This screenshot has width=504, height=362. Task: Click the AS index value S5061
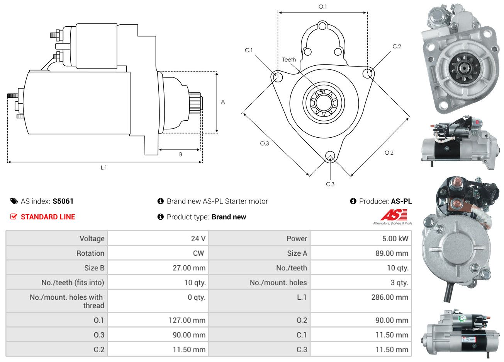[63, 201]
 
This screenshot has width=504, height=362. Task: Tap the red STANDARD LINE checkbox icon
[14, 217]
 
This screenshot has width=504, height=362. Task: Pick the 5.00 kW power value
[395, 239]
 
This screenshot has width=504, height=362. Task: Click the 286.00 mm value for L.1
[390, 297]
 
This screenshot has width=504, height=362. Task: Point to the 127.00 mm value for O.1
[187, 320]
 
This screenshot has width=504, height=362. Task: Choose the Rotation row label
[90, 253]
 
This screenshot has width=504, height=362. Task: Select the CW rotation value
[199, 253]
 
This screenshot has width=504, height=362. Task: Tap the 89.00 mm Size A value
[392, 253]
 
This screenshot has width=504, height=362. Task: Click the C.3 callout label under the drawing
[330, 184]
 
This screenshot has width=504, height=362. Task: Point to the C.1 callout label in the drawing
[249, 50]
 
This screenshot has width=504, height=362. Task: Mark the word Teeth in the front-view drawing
[289, 60]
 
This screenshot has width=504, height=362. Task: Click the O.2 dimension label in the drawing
[389, 153]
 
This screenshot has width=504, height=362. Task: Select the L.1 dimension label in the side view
[104, 167]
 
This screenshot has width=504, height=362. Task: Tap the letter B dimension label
[180, 155]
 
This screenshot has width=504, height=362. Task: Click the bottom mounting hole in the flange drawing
[330, 156]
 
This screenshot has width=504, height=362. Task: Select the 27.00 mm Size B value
[189, 268]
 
